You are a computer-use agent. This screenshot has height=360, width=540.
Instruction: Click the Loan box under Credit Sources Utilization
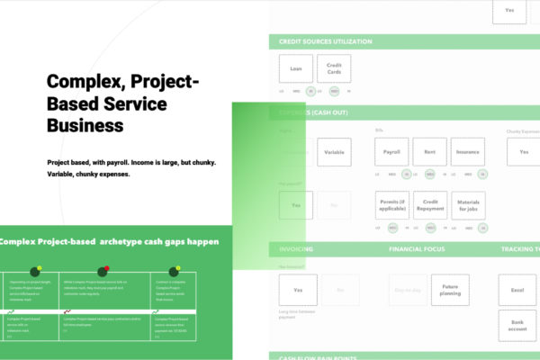295,68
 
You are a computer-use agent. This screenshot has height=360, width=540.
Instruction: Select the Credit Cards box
334,68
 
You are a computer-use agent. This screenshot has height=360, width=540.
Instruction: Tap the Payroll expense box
391,152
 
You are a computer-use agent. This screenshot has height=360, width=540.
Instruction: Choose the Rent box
429,152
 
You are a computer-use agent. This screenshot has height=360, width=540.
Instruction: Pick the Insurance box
467,152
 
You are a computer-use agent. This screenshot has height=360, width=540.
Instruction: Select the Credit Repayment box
429,205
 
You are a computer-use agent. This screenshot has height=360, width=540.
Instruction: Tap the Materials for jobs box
467,205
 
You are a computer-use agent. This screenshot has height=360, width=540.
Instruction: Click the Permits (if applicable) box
391,205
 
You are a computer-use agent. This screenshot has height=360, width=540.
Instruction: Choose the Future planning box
449,289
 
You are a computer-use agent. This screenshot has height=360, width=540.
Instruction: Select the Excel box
517,290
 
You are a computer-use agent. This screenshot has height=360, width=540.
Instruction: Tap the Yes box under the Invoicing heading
297,290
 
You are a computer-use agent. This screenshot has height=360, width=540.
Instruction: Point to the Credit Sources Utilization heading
314,41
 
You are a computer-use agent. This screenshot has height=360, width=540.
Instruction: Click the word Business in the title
85,126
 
